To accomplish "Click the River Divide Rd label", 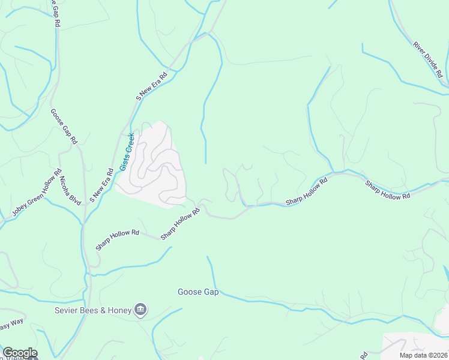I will click(x=427, y=59).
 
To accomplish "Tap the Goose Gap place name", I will click(x=198, y=292).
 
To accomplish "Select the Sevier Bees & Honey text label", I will click(x=93, y=310).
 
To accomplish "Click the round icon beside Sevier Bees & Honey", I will click(x=140, y=310).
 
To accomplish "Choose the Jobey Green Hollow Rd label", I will click(x=37, y=193).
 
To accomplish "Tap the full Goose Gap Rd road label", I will click(x=64, y=125).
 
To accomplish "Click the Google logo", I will click(x=20, y=353).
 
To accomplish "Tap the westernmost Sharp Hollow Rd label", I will click(x=118, y=240).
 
